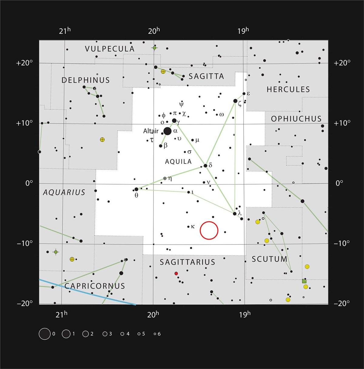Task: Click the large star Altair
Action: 167,131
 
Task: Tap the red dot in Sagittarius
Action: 176,274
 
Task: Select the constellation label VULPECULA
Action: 110,49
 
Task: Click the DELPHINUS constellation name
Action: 86,80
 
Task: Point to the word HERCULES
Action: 288,89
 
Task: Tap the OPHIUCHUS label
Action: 296,119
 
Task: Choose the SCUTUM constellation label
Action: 269,259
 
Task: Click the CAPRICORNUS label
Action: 95,286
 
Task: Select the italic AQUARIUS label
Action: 64,192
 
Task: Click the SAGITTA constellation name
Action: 206,76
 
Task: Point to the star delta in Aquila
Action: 205,166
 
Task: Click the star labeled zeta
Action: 235,101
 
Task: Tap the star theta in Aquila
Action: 136,189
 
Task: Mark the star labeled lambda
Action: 234,214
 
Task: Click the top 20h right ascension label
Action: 154,31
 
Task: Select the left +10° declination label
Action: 24,123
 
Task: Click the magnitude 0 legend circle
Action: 45,334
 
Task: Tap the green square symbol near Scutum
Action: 304,281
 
